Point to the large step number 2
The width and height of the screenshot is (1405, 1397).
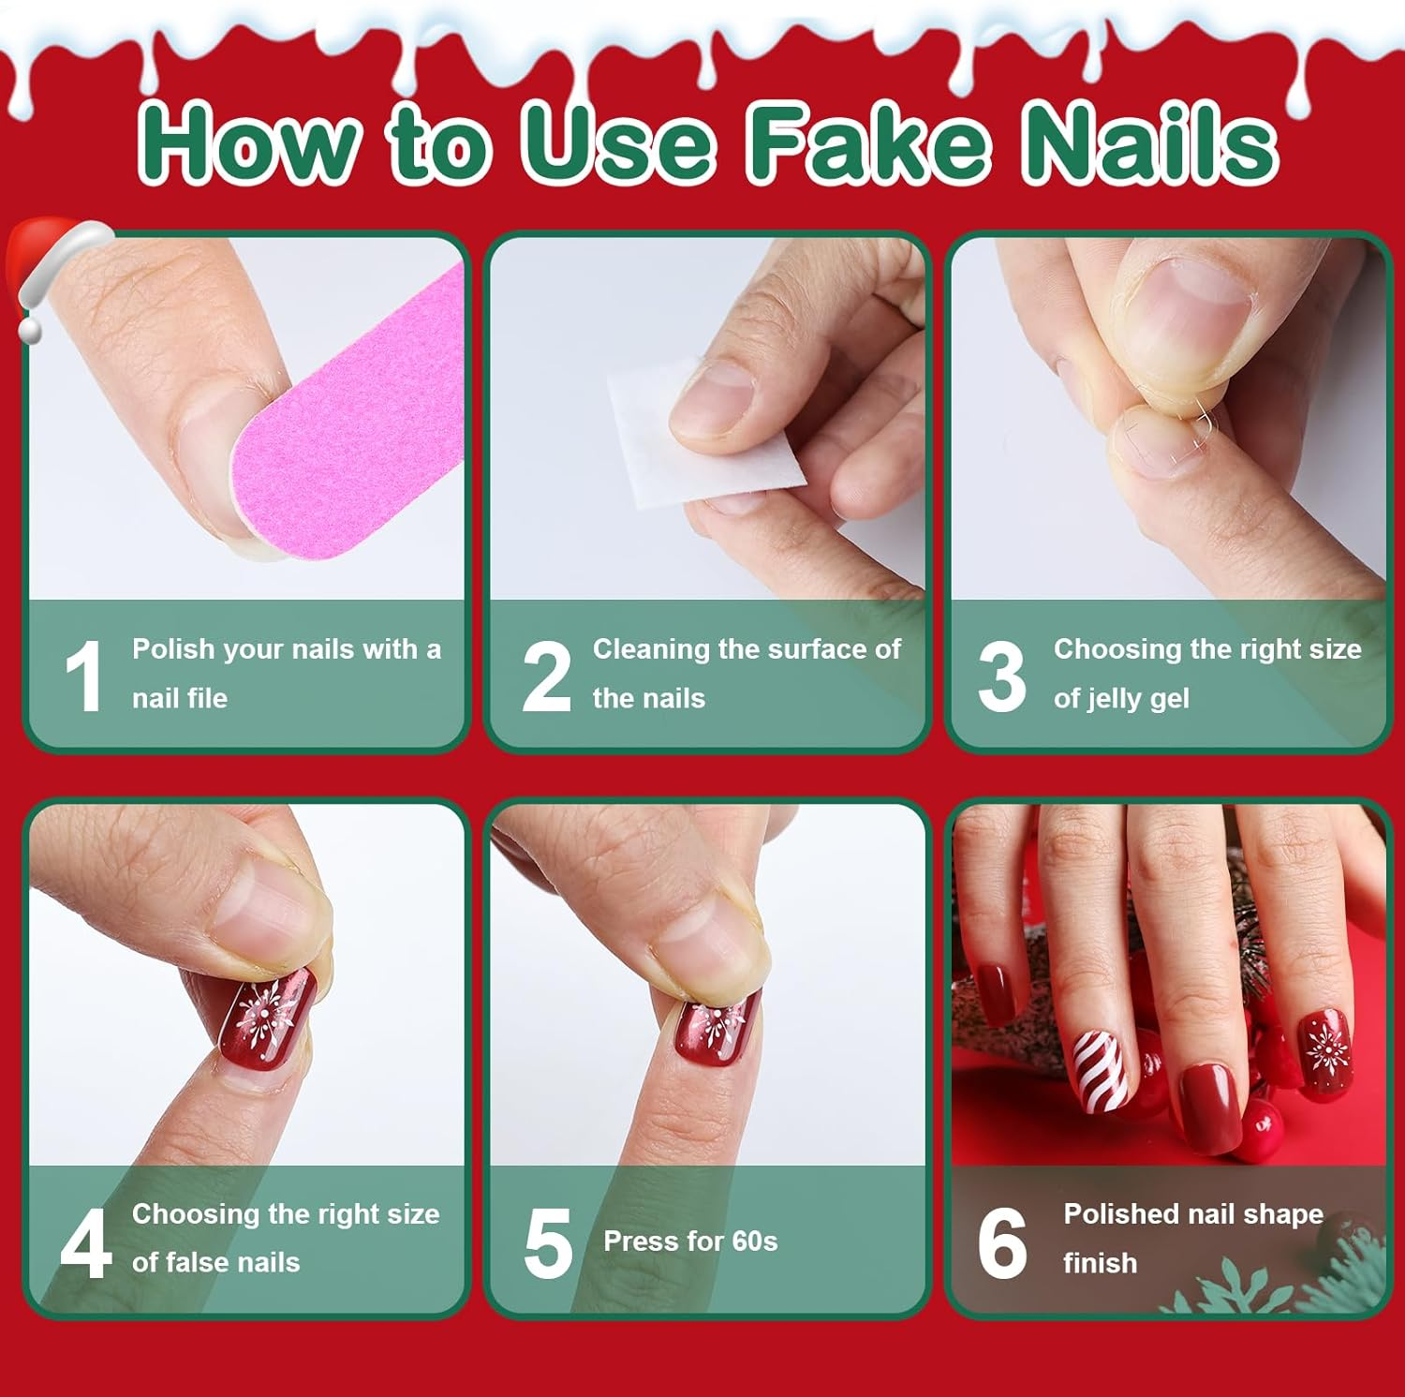[545, 676]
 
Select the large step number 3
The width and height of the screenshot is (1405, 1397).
[1001, 676]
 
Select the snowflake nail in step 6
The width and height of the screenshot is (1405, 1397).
[1322, 1044]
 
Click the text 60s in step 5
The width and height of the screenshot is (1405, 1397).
[754, 1241]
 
